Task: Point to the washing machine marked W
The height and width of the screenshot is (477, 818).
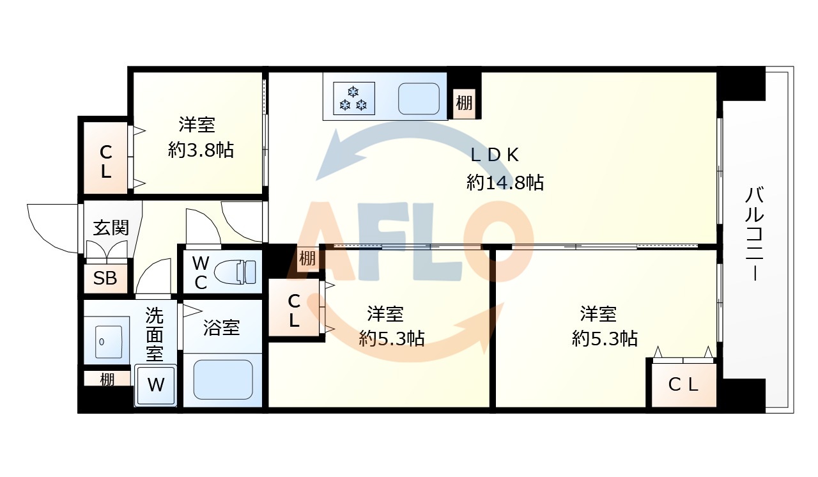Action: pyautogui.click(x=155, y=385)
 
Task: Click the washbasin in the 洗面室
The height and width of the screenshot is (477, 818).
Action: pyautogui.click(x=107, y=342)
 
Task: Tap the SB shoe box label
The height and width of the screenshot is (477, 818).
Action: pyautogui.click(x=105, y=279)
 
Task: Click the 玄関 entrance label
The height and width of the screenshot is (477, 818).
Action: pyautogui.click(x=111, y=227)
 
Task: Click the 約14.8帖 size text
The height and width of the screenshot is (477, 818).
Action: pyautogui.click(x=505, y=184)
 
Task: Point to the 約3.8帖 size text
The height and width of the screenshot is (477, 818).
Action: pyautogui.click(x=201, y=150)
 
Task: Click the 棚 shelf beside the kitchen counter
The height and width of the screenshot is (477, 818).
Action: pyautogui.click(x=465, y=102)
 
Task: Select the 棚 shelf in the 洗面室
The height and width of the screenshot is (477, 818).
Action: pyautogui.click(x=107, y=379)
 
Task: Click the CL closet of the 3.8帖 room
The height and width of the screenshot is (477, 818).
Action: pyautogui.click(x=105, y=162)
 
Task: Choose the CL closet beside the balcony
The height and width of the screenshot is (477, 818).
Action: pyautogui.click(x=683, y=385)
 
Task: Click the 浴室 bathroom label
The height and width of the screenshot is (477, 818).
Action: pyautogui.click(x=222, y=328)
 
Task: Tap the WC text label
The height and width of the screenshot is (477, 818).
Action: pyautogui.click(x=200, y=273)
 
